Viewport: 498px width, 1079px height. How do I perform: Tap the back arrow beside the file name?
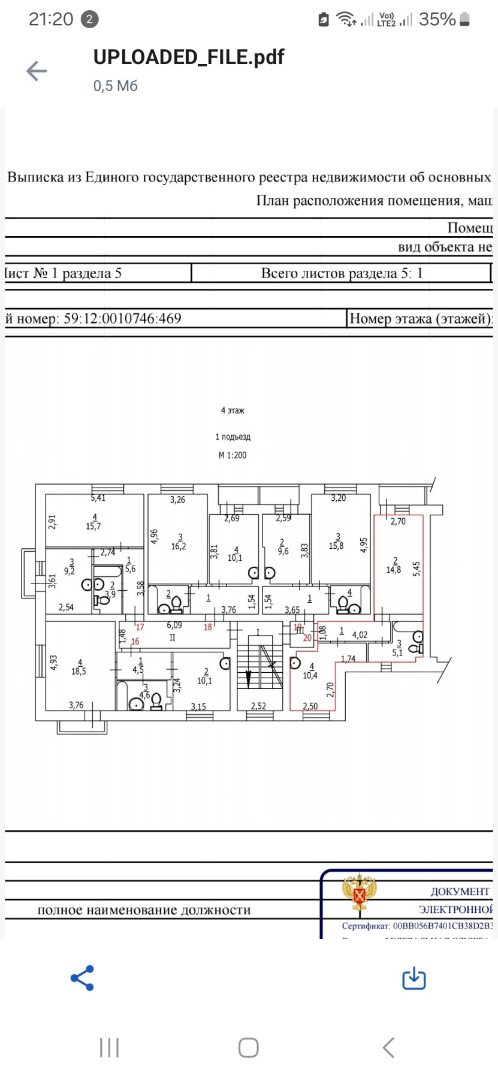[37, 71]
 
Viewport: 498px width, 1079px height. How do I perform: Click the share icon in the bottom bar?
[82, 978]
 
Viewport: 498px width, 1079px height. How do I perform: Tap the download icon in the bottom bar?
[414, 978]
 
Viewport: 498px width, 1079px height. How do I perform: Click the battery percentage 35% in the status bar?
[437, 20]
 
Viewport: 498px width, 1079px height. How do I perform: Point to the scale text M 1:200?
[233, 455]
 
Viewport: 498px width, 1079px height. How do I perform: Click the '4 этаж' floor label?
[233, 410]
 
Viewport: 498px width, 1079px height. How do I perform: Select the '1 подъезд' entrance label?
[233, 437]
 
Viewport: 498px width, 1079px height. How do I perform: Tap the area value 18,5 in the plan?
[79, 672]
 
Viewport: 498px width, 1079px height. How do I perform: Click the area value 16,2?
[179, 546]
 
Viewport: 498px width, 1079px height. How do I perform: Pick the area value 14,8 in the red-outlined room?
[394, 570]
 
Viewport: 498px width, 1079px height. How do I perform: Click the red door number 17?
[140, 627]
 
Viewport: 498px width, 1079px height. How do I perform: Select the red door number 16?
[135, 641]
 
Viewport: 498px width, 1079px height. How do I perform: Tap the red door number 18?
[208, 627]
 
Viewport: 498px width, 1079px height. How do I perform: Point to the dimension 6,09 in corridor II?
[174, 625]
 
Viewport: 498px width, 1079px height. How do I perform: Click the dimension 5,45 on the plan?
[417, 569]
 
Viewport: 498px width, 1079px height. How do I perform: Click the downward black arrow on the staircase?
[249, 678]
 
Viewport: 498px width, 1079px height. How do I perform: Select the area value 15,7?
[93, 526]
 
